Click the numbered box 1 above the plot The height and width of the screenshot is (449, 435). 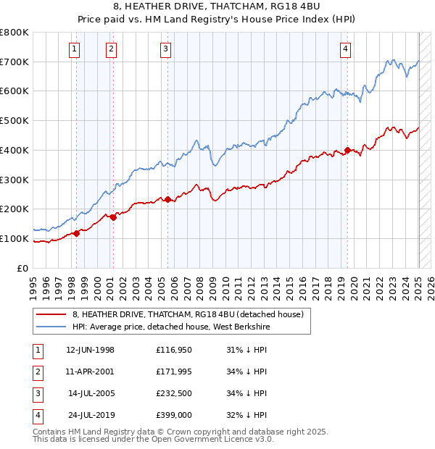[x=75, y=49]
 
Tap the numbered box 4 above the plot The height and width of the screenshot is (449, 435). [x=347, y=49]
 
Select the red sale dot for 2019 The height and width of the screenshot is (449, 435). [x=347, y=151]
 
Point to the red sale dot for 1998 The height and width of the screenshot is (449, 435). [x=76, y=233]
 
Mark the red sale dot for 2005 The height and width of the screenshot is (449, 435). [x=167, y=199]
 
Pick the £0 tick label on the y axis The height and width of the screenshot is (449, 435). [x=23, y=268]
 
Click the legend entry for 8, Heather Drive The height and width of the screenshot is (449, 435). [x=191, y=314]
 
